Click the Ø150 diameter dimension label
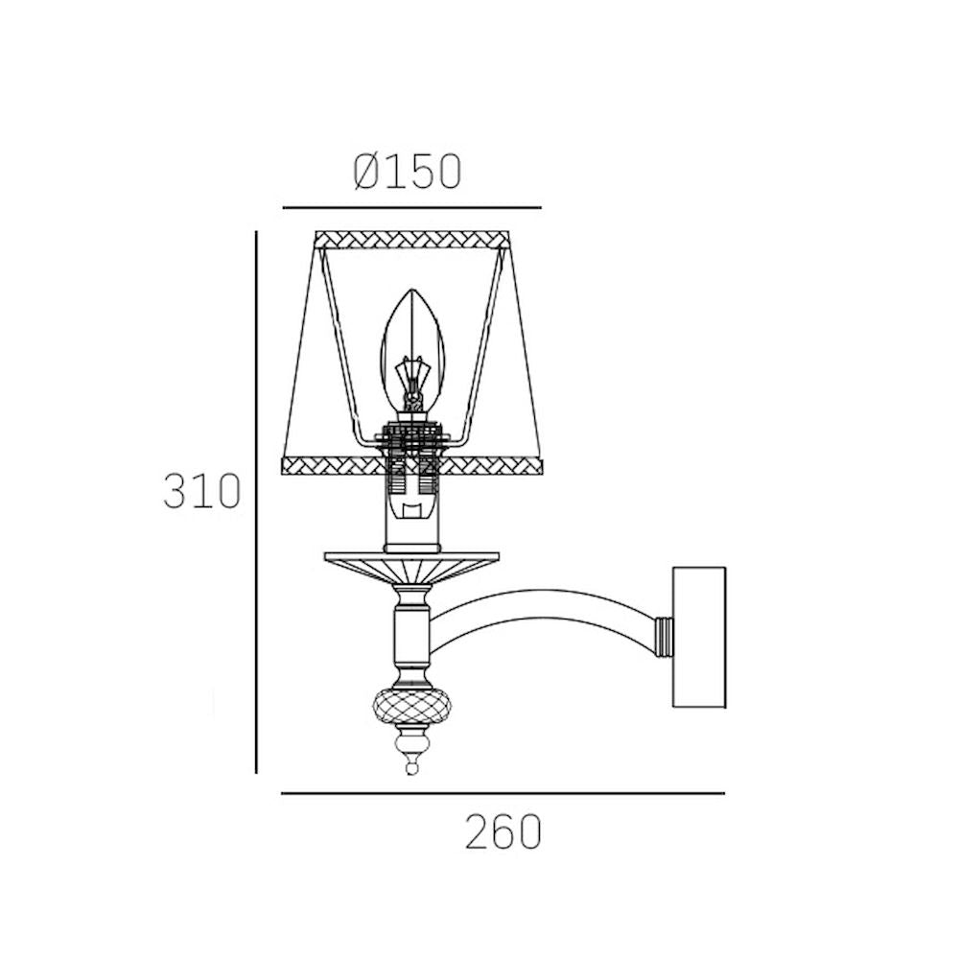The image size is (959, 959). pos(407,172)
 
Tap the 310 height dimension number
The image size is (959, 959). pos(201,491)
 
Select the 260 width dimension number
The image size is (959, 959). pos(503,831)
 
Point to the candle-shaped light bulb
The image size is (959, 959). pos(411,352)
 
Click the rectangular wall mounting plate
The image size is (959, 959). pos(699,637)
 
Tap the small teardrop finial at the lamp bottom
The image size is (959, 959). pos(411,764)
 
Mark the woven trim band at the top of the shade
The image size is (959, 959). pos(411,239)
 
